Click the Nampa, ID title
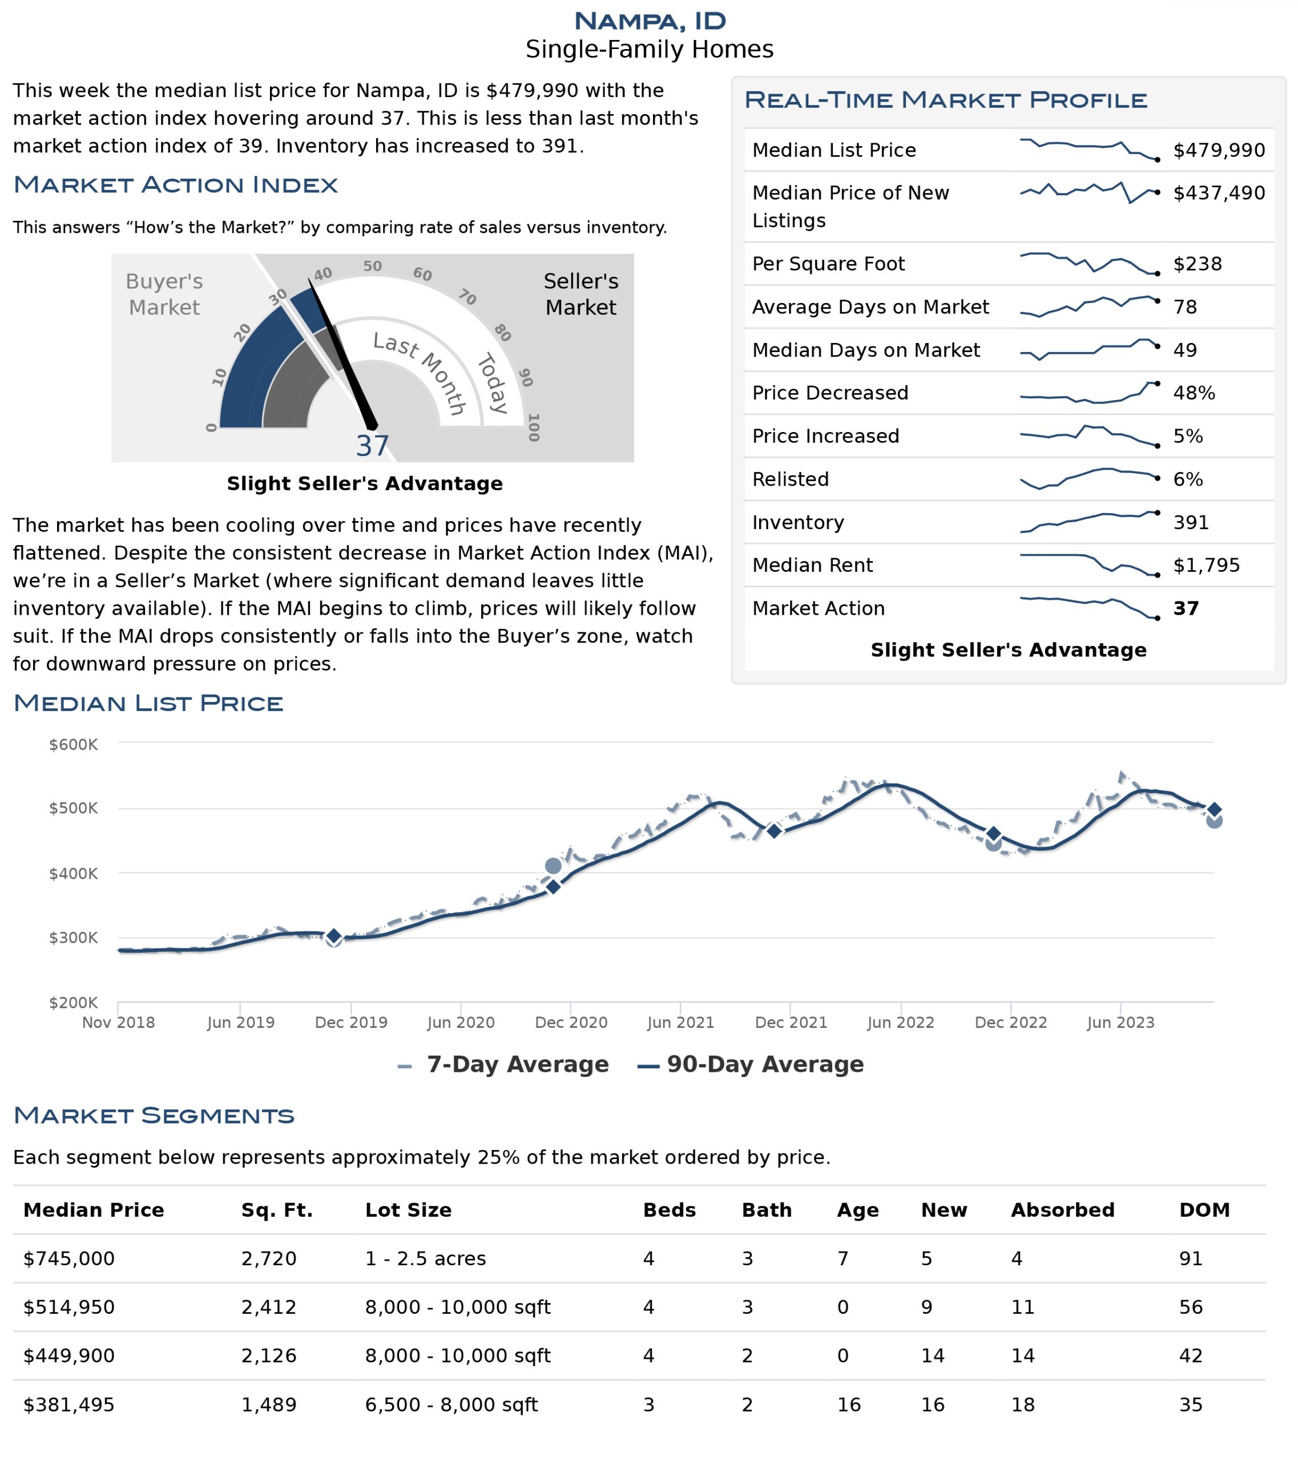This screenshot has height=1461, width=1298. click(649, 21)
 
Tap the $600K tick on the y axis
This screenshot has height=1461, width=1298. click(73, 744)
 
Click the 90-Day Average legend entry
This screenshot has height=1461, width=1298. click(751, 1064)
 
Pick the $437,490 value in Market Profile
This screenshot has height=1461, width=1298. click(1219, 192)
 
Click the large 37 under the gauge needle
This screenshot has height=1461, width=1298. click(372, 446)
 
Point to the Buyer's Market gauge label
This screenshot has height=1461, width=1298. click(164, 294)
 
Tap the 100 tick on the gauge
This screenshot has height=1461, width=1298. click(533, 427)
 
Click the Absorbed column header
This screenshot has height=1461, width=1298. click(1062, 1209)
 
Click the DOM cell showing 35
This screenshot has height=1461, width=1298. click(1191, 1405)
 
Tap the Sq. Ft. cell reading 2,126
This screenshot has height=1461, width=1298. click(269, 1355)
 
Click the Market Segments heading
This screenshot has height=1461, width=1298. click(154, 1115)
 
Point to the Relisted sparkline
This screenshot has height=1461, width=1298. click(1089, 478)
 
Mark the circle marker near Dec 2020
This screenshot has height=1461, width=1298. click(553, 866)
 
